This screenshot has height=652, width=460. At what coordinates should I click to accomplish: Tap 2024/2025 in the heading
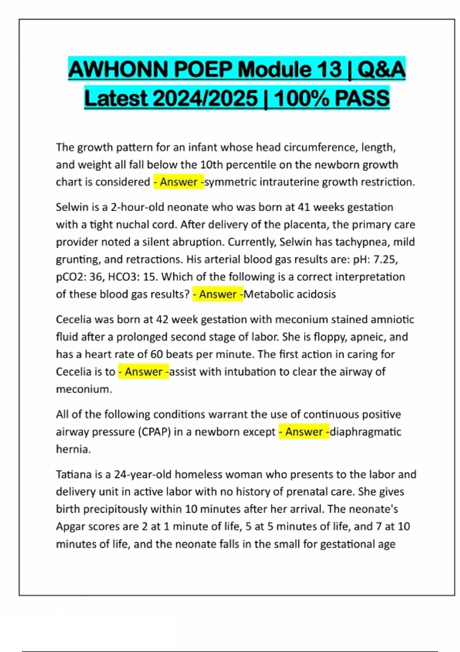[x=205, y=98]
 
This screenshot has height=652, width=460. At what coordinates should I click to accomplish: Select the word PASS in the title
[x=362, y=98]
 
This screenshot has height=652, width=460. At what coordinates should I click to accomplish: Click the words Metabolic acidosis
[x=290, y=294]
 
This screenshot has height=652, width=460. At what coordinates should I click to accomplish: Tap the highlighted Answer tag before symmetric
[x=179, y=182]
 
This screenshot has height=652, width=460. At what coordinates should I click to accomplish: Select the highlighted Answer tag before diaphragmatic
[x=304, y=432]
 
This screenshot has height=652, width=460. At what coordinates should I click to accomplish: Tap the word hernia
[x=73, y=449]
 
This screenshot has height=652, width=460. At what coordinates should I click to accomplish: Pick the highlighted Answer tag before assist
[x=143, y=372]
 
